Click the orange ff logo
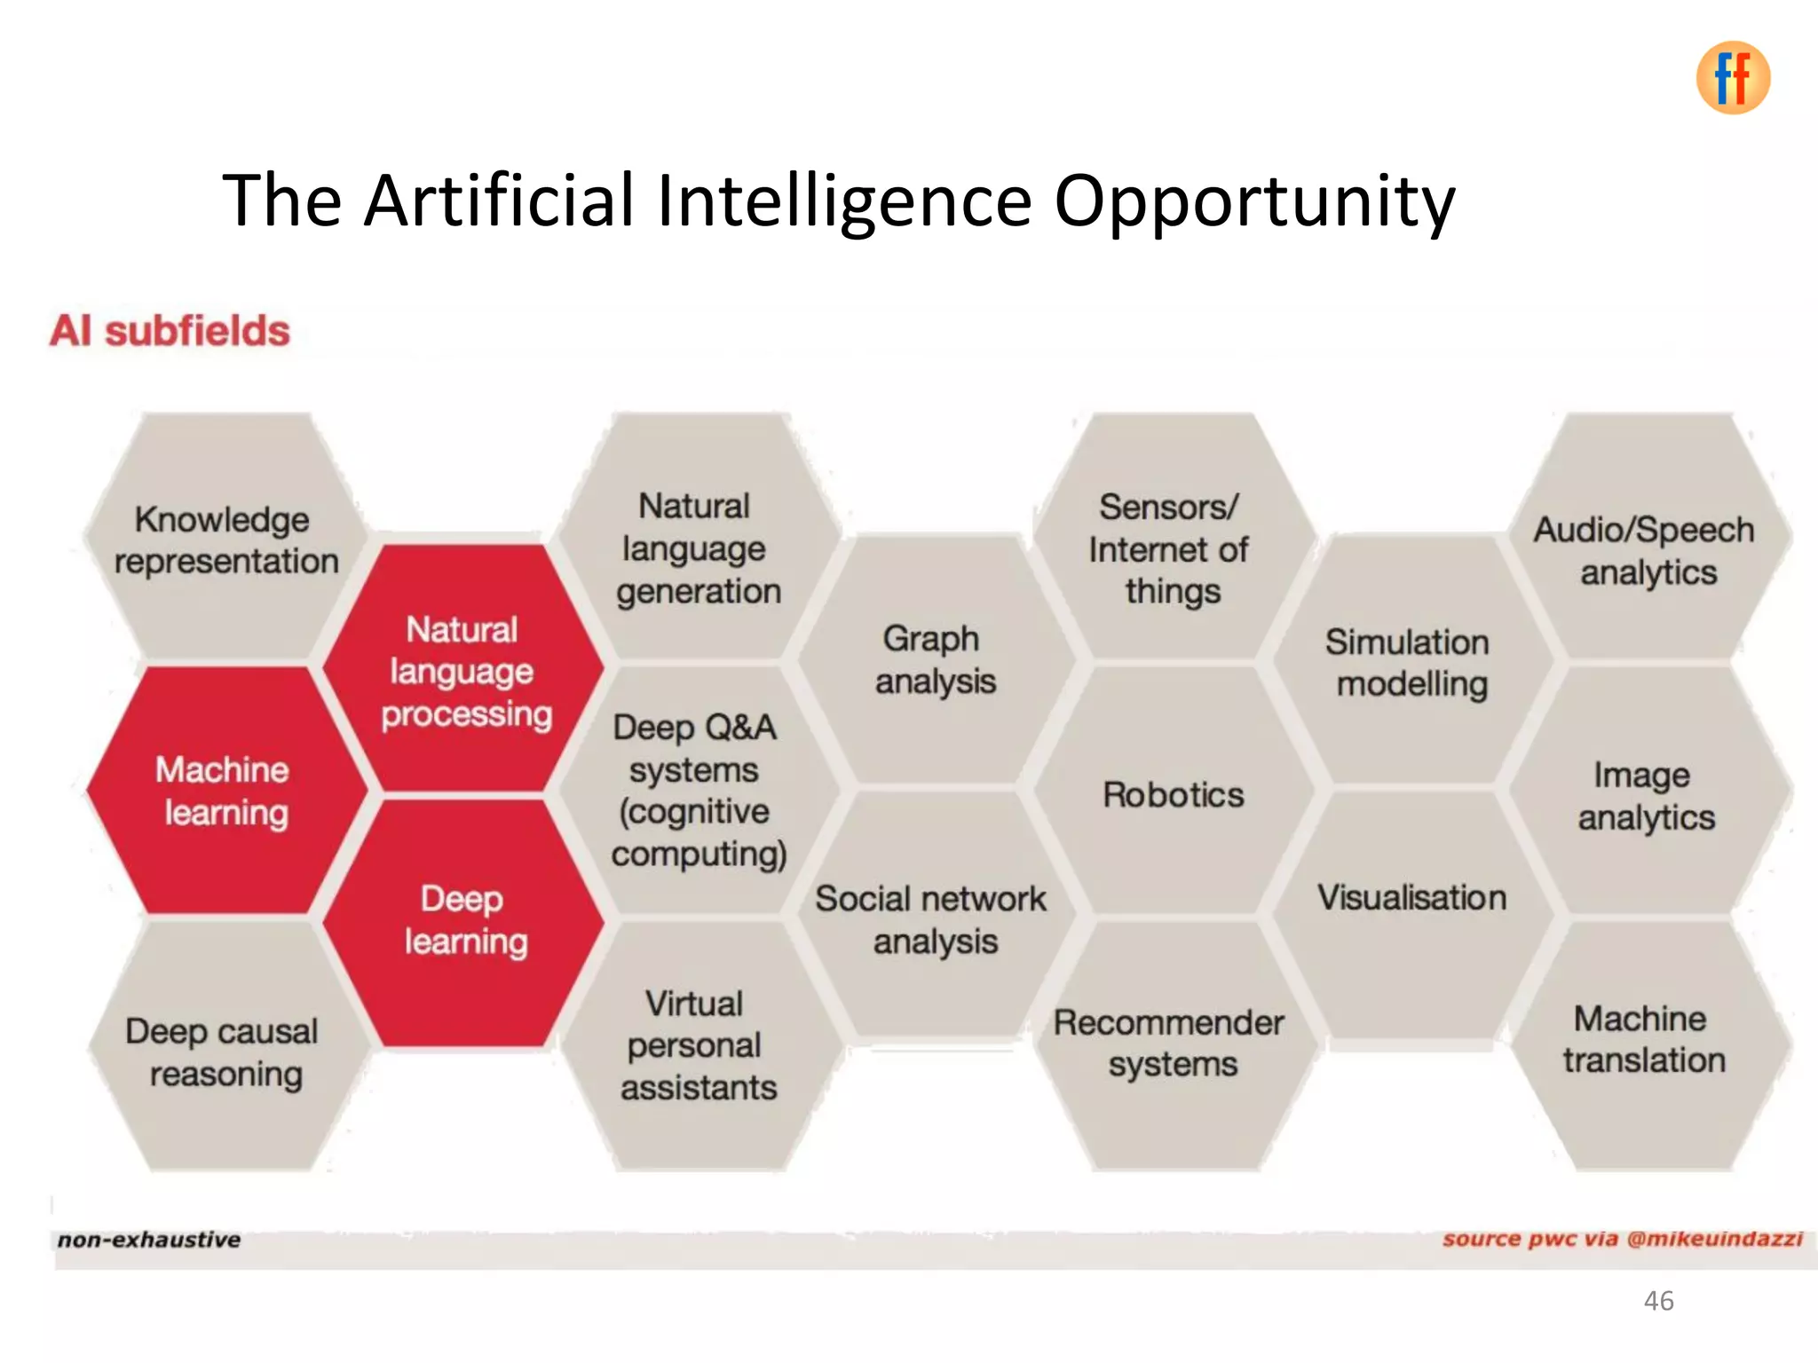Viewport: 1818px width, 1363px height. point(1732,78)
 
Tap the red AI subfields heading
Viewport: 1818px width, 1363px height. point(170,331)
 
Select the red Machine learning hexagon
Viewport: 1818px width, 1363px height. point(224,791)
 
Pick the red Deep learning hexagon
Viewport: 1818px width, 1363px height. point(463,921)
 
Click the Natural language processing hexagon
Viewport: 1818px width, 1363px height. point(463,671)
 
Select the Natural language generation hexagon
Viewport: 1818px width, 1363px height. point(698,548)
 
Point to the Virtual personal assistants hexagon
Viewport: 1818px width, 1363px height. point(698,1045)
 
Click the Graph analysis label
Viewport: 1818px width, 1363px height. point(934,659)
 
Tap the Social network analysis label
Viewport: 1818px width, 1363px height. point(932,919)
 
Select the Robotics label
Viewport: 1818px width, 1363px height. point(1173,794)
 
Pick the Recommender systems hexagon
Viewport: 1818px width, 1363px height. point(1170,1044)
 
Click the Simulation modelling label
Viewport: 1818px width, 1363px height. point(1410,663)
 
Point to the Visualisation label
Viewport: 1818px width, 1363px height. point(1411,897)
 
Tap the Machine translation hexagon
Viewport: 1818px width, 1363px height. point(1643,1039)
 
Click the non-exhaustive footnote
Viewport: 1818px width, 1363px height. point(149,1240)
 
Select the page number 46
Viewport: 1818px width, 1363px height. point(1657,1301)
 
